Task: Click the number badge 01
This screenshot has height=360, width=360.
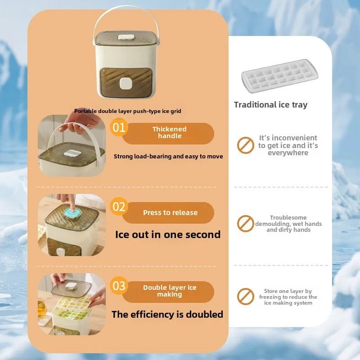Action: pyautogui.click(x=119, y=127)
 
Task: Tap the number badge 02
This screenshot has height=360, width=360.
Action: pyautogui.click(x=119, y=207)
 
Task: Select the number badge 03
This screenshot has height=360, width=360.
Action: pyautogui.click(x=119, y=286)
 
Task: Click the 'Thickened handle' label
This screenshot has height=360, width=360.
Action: pyautogui.click(x=169, y=133)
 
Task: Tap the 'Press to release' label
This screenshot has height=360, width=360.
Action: pyautogui.click(x=170, y=213)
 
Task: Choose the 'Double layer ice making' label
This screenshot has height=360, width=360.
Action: pyautogui.click(x=170, y=291)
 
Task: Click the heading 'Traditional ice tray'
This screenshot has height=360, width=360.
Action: pyautogui.click(x=270, y=105)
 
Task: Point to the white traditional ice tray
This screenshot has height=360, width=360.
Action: pyautogui.click(x=279, y=76)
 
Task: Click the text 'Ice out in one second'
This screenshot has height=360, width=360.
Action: pyautogui.click(x=168, y=234)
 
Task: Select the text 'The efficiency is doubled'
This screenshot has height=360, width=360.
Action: pyautogui.click(x=167, y=314)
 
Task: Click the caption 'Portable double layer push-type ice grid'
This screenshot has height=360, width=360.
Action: pyautogui.click(x=128, y=111)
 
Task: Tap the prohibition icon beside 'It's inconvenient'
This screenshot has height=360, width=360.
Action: pyautogui.click(x=246, y=145)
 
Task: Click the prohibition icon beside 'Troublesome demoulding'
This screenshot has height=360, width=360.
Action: pyautogui.click(x=246, y=223)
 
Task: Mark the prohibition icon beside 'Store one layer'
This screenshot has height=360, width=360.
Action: pyautogui.click(x=246, y=297)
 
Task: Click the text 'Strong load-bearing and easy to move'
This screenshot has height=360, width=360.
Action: pyautogui.click(x=168, y=157)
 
